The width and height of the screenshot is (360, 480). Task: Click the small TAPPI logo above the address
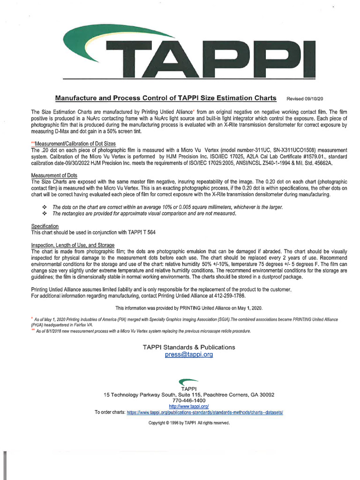188,382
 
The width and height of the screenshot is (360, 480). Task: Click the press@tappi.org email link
189,355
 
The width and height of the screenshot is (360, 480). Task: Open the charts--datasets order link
205,412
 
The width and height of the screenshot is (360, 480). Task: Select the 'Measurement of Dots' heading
53,176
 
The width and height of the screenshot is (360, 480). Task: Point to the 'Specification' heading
45,226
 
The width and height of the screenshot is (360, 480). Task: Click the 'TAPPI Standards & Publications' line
189,347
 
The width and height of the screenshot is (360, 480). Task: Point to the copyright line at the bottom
189,423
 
